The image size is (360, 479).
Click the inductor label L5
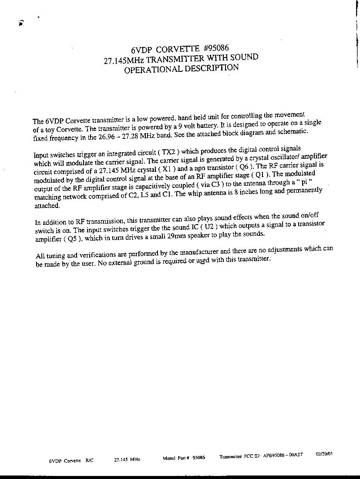(142, 194)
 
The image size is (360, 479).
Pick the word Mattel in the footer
(169, 458)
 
